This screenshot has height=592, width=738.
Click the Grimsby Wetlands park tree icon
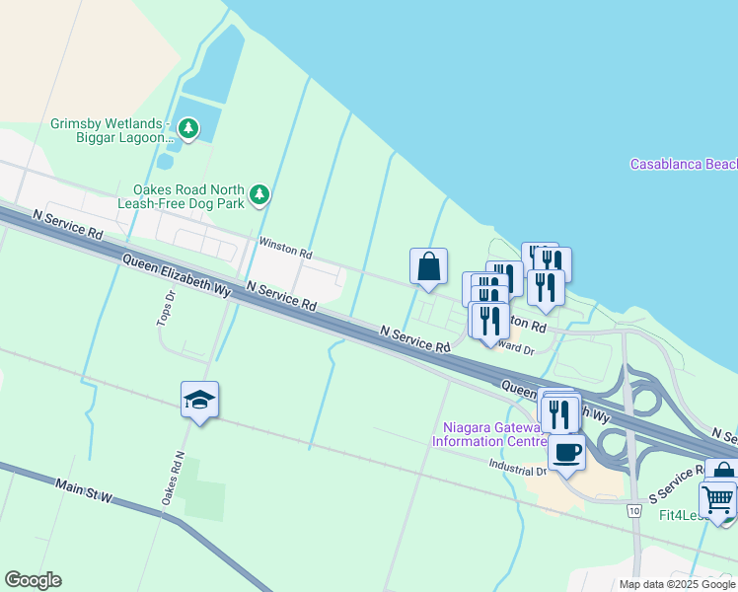tap(187, 128)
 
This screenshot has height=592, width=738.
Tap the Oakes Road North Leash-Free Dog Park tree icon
tap(259, 194)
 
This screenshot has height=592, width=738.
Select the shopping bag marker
tap(428, 266)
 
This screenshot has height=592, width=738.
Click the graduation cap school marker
tap(199, 400)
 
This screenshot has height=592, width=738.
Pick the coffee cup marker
tap(566, 453)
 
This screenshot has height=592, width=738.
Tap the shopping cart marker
tap(718, 499)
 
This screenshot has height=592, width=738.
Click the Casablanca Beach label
tap(684, 164)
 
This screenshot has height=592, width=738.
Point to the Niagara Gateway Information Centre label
tap(489, 434)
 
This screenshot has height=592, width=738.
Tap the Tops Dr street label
tap(165, 309)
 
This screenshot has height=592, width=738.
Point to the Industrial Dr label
tap(516, 470)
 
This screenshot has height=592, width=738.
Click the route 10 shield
tap(631, 508)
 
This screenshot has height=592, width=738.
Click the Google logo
tap(33, 580)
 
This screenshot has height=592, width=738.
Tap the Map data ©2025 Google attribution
tap(676, 584)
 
